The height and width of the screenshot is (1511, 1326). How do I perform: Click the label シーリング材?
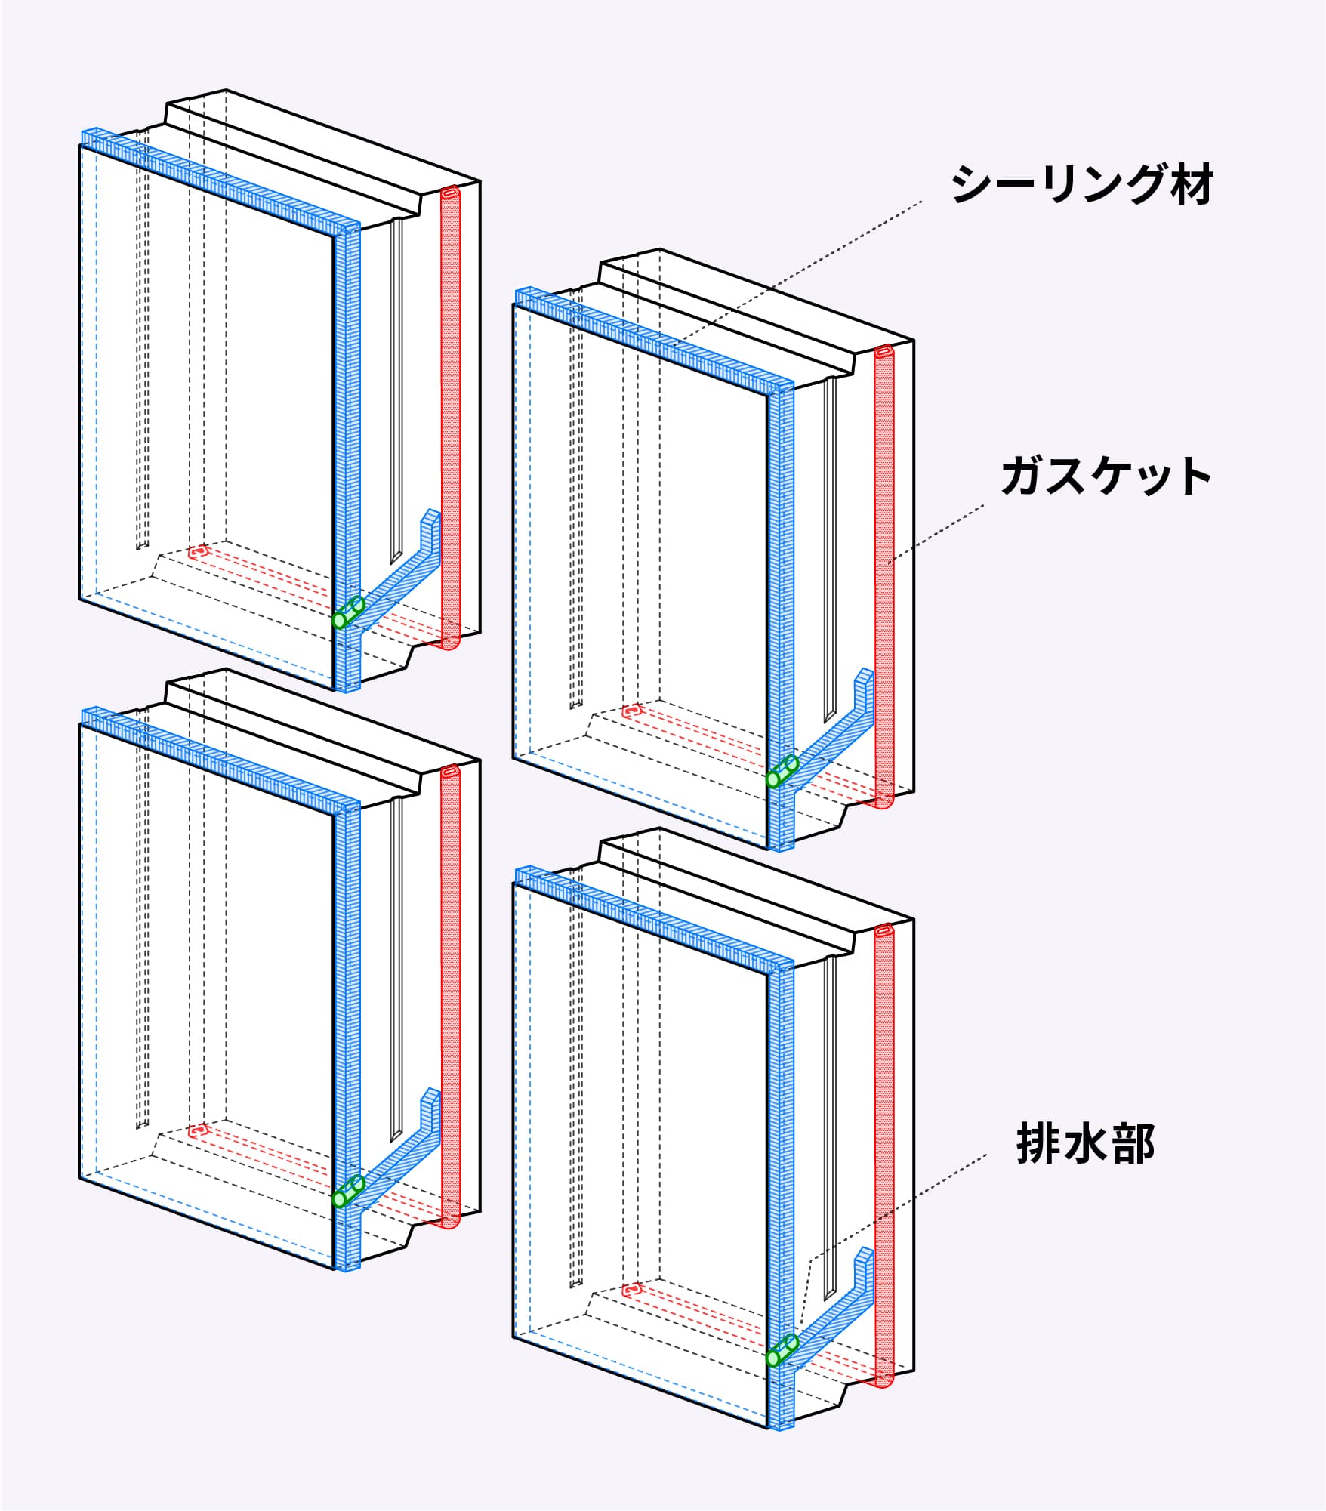tap(1081, 184)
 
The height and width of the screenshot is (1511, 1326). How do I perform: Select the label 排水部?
tap(1085, 1144)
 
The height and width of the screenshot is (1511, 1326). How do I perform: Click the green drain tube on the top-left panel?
tap(348, 612)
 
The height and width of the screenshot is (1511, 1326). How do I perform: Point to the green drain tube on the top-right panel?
tap(782, 772)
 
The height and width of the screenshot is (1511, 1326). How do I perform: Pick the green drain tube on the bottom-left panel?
tap(348, 1192)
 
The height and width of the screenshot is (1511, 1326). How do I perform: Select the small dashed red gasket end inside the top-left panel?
tap(198, 552)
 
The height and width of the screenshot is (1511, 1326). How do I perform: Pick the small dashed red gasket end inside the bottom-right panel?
tap(631, 1290)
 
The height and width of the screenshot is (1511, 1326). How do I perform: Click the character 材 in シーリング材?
tap(1191, 184)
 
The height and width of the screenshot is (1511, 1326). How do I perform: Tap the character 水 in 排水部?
tap(1085, 1144)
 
